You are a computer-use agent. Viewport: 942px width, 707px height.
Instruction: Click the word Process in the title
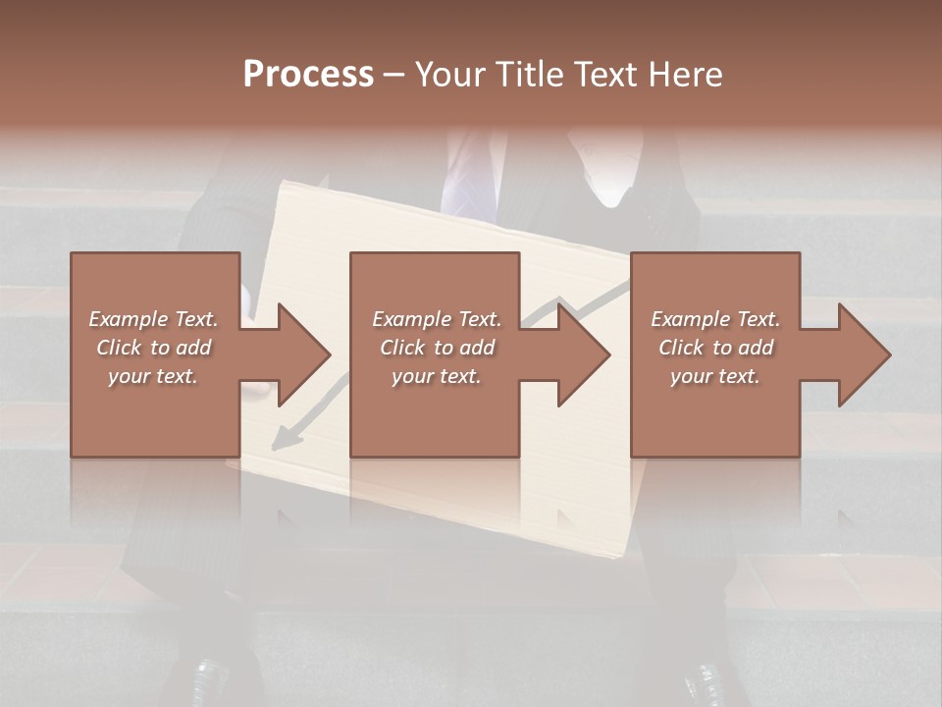click(x=308, y=75)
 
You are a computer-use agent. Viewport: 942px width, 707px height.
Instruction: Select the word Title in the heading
click(x=531, y=75)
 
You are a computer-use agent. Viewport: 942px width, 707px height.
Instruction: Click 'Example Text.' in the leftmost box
click(x=154, y=319)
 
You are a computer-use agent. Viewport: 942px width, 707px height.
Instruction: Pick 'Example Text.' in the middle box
click(x=437, y=319)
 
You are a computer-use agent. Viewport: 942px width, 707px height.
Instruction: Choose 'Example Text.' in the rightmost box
click(x=715, y=319)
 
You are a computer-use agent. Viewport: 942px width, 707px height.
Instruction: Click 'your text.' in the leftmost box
click(x=154, y=376)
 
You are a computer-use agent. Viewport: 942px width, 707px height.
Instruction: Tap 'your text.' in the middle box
click(x=437, y=376)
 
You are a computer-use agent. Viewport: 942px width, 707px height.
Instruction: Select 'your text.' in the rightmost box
click(x=715, y=376)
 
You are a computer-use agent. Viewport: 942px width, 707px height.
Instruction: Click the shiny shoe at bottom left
click(x=209, y=680)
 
